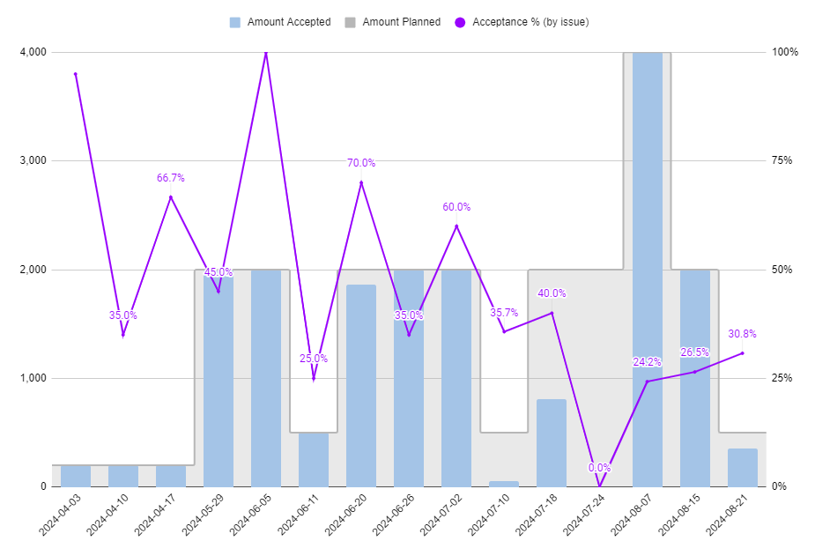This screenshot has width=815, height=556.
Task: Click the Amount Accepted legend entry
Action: (279, 22)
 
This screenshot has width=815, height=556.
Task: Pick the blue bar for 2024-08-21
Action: (742, 468)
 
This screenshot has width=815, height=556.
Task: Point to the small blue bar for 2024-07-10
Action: (504, 484)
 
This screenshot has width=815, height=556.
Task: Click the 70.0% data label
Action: (361, 163)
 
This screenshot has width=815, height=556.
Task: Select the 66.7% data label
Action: (171, 178)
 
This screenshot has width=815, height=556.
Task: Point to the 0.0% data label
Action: (599, 468)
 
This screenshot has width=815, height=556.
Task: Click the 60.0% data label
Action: (456, 207)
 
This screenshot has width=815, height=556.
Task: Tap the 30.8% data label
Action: (742, 334)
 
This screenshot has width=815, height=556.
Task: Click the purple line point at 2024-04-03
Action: (76, 74)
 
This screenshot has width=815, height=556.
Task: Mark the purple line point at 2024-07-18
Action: (552, 313)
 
